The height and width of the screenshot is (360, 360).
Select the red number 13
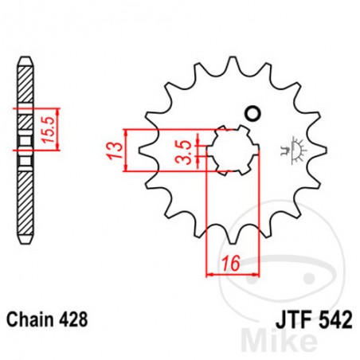tap(115, 148)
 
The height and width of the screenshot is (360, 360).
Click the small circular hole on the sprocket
tap(255, 112)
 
